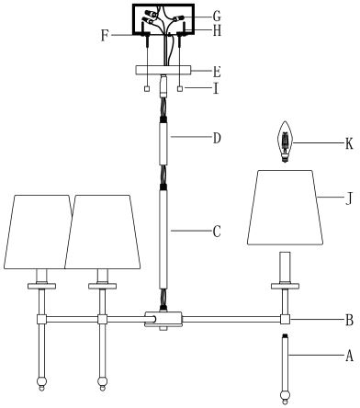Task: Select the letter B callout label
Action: pos(349,321)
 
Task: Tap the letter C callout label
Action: pos(216,232)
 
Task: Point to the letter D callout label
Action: pos(217,140)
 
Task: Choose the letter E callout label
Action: pos(217,70)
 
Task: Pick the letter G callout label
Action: pos(217,16)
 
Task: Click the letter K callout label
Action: pos(350,142)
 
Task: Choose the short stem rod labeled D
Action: pos(163,145)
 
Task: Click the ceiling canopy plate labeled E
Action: pos(163,70)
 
